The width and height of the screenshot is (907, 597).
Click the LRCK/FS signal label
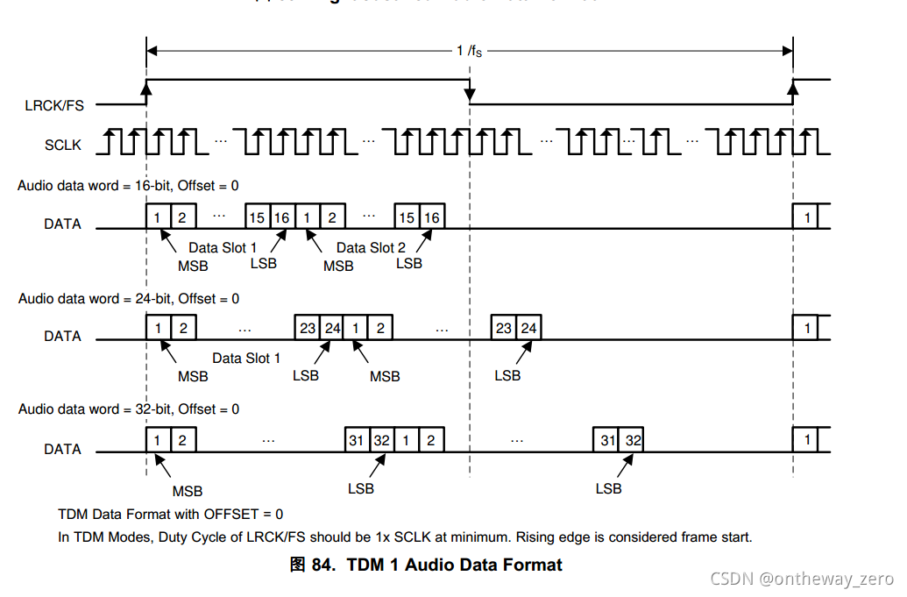click(54, 105)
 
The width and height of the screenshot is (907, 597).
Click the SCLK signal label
click(63, 145)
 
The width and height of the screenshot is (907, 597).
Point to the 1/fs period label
click(469, 51)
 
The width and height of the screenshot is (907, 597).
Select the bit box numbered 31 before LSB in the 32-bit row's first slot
click(357, 441)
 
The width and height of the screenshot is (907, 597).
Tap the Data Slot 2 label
click(371, 248)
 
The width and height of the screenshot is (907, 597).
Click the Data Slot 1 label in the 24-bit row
click(246, 359)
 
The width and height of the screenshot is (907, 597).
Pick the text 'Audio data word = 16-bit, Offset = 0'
click(128, 186)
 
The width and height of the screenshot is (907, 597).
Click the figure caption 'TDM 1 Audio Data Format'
click(454, 565)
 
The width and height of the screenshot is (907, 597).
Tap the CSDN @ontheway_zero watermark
click(802, 579)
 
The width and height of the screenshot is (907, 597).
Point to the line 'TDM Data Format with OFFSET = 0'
click(170, 515)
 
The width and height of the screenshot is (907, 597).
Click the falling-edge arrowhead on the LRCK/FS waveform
click(470, 93)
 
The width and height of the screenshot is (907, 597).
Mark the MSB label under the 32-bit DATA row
click(188, 492)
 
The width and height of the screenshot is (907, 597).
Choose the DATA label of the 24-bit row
click(63, 336)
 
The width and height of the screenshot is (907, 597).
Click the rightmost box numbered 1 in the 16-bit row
click(806, 217)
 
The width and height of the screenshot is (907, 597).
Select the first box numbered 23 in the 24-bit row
click(308, 329)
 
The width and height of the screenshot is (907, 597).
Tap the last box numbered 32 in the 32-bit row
click(631, 441)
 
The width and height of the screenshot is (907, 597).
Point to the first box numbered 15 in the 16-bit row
click(257, 217)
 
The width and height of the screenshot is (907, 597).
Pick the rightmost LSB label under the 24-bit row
click(507, 375)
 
